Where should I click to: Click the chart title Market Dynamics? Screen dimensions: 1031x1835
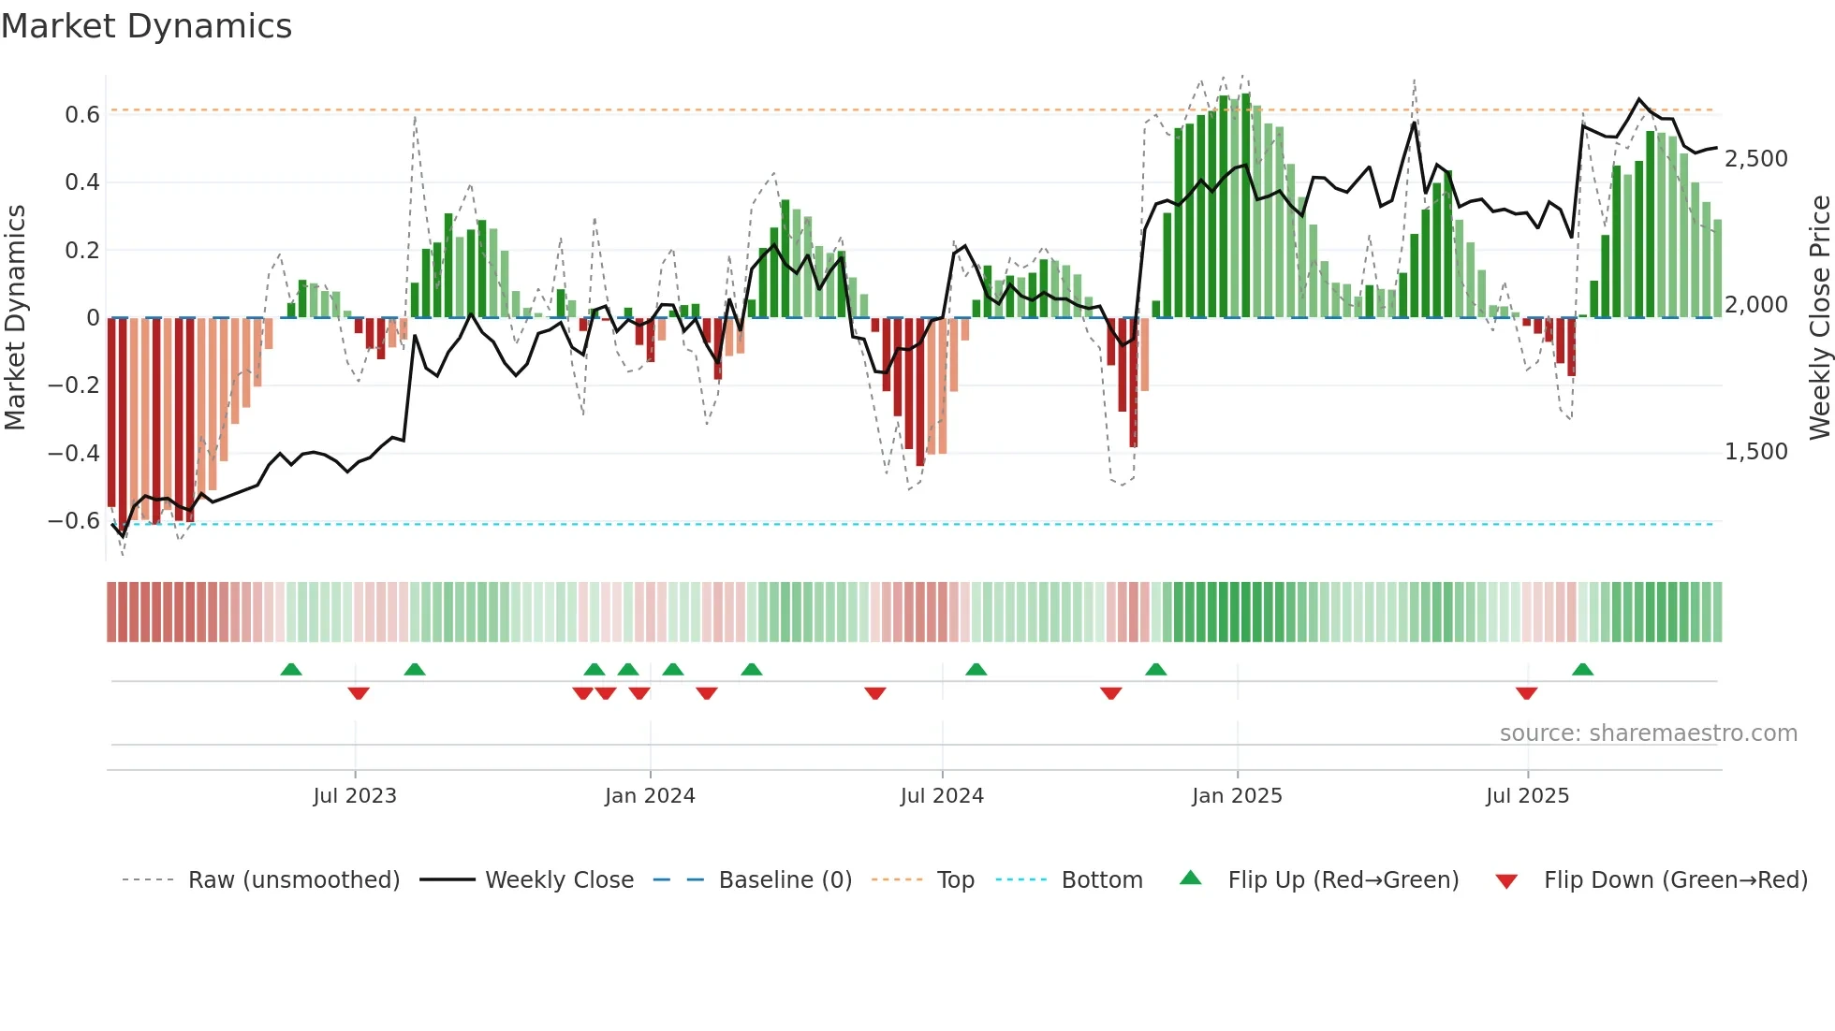pyautogui.click(x=146, y=26)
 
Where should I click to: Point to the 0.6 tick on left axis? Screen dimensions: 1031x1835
pyautogui.click(x=82, y=115)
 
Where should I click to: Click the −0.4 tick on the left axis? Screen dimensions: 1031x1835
pyautogui.click(x=74, y=454)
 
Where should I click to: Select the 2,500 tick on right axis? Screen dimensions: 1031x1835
pyautogui.click(x=1756, y=159)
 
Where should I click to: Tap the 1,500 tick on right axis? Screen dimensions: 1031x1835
pyautogui.click(x=1756, y=452)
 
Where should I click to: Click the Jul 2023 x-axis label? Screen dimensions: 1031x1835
pyautogui.click(x=355, y=796)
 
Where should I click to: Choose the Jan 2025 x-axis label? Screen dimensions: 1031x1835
pyautogui.click(x=1237, y=796)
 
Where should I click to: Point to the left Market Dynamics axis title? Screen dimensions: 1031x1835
pyautogui.click(x=15, y=318)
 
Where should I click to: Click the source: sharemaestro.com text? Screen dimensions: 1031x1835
pyautogui.click(x=1648, y=733)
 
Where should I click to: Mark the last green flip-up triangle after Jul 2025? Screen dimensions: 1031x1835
pyautogui.click(x=1583, y=670)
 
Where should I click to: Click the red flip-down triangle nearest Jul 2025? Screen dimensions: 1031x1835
pyautogui.click(x=1527, y=693)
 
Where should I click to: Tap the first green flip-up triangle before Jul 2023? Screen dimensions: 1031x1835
pyautogui.click(x=291, y=670)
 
